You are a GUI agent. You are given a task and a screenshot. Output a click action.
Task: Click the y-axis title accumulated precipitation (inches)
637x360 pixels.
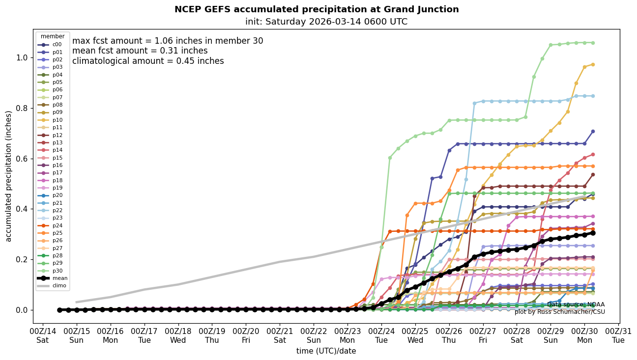[x=8, y=176]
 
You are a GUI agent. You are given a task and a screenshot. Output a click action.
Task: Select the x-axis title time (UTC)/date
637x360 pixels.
[x=326, y=351]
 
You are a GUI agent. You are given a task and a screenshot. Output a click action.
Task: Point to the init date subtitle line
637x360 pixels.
[x=326, y=22]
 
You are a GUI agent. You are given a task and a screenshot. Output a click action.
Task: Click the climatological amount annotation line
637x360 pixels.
[x=148, y=61]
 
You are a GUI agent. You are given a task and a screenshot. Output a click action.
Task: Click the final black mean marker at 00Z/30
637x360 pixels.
[x=593, y=233]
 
